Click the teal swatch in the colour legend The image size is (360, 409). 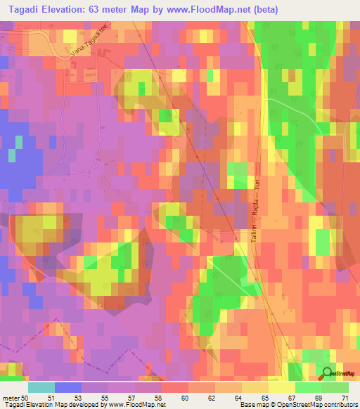41,387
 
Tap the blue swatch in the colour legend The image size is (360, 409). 68,387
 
